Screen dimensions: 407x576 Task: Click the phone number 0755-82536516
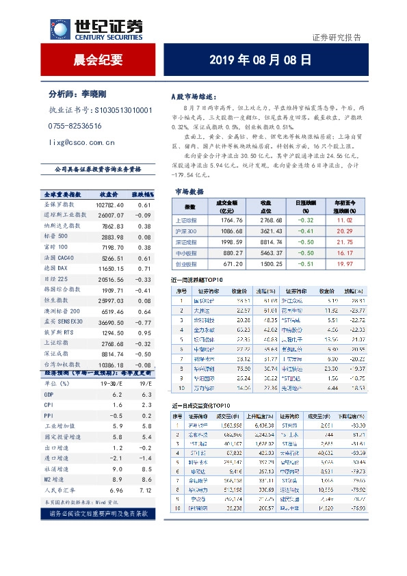tap(75, 126)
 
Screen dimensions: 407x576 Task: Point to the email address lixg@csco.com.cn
tap(81, 142)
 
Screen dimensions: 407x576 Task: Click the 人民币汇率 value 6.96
tap(116, 491)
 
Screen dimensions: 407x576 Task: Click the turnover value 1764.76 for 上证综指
tap(228, 221)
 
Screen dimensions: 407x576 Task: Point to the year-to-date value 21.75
tap(344, 242)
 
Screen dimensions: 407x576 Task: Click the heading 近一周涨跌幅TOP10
tap(198, 280)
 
